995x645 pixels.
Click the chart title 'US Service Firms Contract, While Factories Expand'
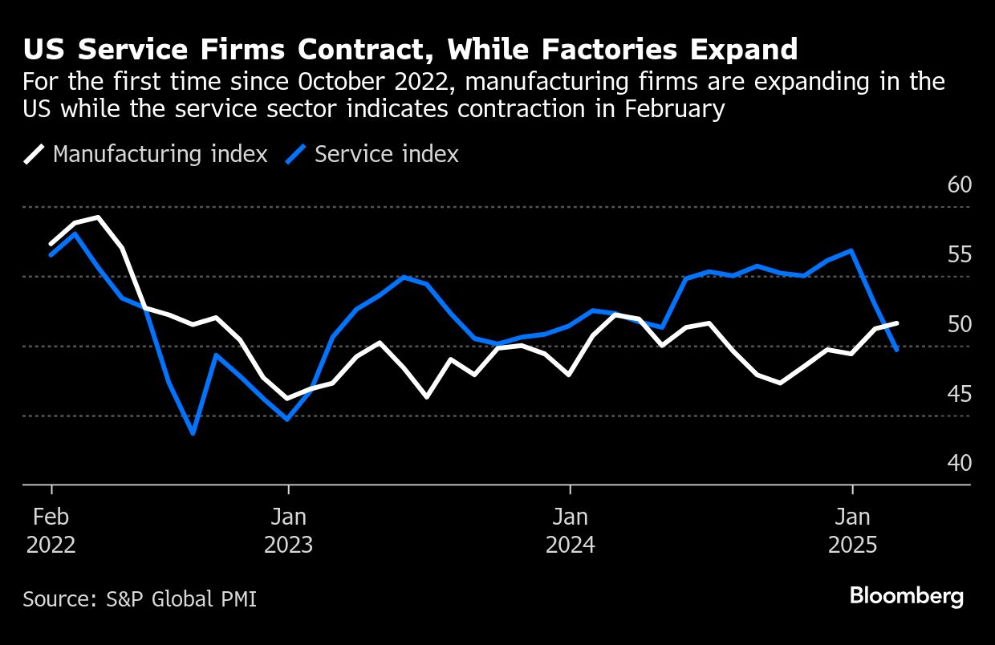click(x=410, y=50)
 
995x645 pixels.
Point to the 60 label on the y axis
click(x=959, y=185)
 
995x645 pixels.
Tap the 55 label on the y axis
click(x=959, y=255)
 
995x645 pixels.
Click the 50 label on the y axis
click(x=959, y=325)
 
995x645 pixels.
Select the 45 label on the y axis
click(x=959, y=395)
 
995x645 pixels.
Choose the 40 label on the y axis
click(x=959, y=464)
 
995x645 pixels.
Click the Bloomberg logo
click(x=906, y=596)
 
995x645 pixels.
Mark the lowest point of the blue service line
click(x=193, y=433)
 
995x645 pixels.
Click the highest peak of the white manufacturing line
click(x=98, y=217)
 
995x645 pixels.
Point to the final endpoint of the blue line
click(x=896, y=350)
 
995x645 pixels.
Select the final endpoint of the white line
click(x=896, y=322)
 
